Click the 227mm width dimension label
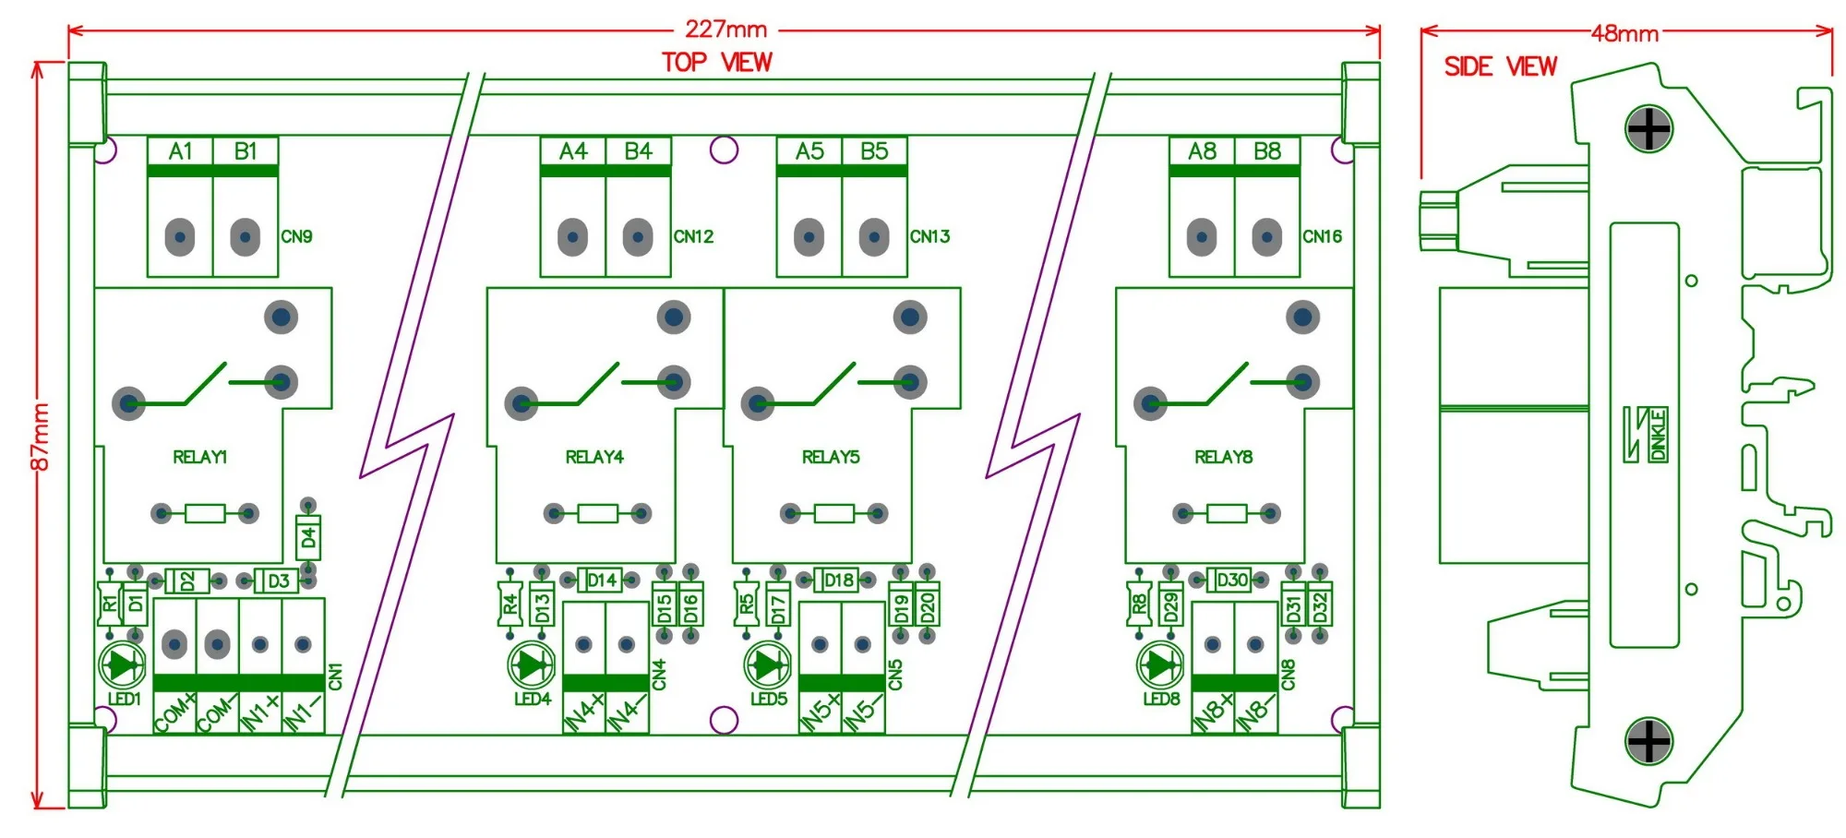click(725, 30)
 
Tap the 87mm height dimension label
click(41, 437)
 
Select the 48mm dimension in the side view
click(1625, 34)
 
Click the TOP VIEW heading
click(717, 62)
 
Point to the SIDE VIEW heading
click(1501, 66)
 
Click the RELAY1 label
click(200, 457)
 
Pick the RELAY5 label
click(831, 457)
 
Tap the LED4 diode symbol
click(532, 664)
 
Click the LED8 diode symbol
click(1161, 664)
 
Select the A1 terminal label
click(181, 151)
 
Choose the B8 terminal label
click(1267, 151)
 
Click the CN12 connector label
click(693, 237)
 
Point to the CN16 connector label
click(1322, 237)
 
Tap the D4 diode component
click(308, 536)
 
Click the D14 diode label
click(602, 581)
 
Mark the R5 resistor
click(746, 605)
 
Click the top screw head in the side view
click(1648, 129)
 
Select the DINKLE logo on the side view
click(1646, 435)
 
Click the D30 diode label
click(1231, 581)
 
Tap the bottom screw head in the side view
click(1648, 741)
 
